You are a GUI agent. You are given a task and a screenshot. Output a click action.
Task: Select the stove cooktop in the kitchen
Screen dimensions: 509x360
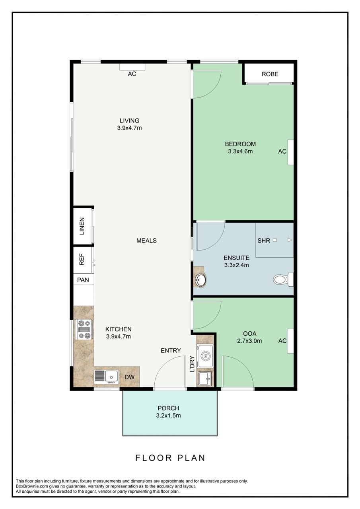[x=84, y=330]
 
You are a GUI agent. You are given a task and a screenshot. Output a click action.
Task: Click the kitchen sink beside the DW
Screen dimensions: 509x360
[x=107, y=376]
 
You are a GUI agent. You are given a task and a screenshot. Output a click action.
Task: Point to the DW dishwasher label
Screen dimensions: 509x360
[x=130, y=377]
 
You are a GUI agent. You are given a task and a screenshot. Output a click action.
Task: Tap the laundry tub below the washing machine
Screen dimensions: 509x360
[x=205, y=378]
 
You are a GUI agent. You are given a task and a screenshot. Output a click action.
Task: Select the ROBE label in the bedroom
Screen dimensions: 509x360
[x=270, y=74]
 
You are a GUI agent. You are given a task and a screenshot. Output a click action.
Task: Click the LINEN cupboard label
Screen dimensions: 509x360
[x=82, y=226]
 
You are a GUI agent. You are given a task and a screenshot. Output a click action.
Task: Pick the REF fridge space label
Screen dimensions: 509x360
[x=82, y=260]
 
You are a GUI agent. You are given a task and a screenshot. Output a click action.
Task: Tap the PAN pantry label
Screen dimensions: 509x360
[x=83, y=280]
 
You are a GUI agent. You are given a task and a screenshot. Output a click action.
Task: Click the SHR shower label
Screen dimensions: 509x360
[x=264, y=241]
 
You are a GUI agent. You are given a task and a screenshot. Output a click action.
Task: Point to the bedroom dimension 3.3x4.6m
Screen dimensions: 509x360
[x=240, y=151]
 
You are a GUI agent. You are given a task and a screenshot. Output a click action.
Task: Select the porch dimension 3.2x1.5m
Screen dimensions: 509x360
[x=168, y=416]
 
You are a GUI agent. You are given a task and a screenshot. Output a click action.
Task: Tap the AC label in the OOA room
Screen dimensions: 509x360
[x=282, y=341]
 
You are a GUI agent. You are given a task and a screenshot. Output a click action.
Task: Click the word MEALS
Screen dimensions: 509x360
[x=146, y=241]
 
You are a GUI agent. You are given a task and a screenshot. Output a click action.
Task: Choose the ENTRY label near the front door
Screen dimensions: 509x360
[x=171, y=350]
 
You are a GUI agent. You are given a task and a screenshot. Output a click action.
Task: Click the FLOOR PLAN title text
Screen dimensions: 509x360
[x=170, y=458]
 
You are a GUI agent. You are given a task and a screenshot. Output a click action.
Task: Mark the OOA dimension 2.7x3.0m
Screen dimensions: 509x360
[x=249, y=341]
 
